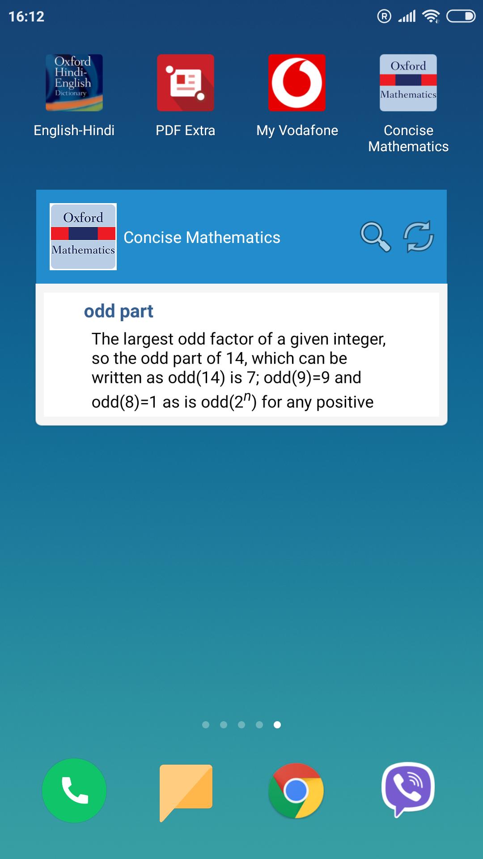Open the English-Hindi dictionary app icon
74,83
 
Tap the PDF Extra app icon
186,83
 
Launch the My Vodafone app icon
297,83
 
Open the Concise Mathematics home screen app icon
408,83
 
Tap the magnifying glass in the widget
375,237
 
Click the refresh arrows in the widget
419,236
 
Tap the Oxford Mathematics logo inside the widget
83,237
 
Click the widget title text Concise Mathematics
202,238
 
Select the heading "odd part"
119,311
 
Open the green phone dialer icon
74,791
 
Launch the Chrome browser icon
296,791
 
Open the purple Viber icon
408,790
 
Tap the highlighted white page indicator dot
277,725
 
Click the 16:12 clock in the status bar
26,17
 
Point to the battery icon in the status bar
461,17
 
